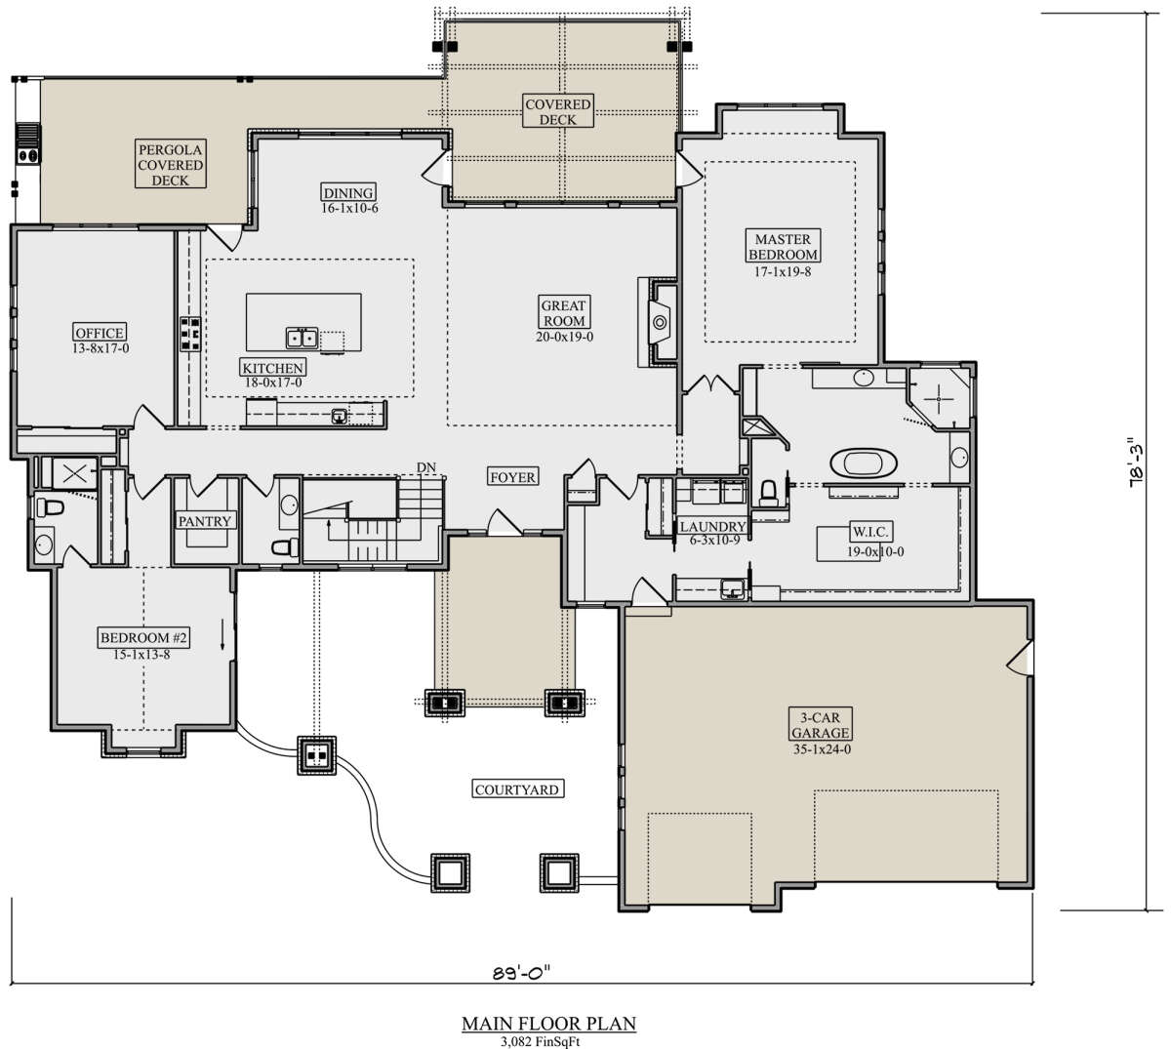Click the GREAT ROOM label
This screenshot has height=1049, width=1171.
pyautogui.click(x=564, y=312)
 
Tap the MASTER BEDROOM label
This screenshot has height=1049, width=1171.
pyautogui.click(x=784, y=246)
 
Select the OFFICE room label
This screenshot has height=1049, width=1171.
pyautogui.click(x=100, y=333)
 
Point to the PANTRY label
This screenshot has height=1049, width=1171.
pyautogui.click(x=205, y=521)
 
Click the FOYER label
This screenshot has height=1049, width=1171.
pyautogui.click(x=512, y=477)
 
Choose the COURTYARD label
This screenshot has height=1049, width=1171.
pyautogui.click(x=517, y=788)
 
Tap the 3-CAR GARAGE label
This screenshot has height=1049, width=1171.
pyautogui.click(x=820, y=725)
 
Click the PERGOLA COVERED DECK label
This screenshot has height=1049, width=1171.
pyautogui.click(x=171, y=165)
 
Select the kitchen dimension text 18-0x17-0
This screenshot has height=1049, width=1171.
pyautogui.click(x=273, y=383)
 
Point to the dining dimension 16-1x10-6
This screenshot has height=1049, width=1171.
pyautogui.click(x=349, y=208)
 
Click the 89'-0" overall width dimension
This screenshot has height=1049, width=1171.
pyautogui.click(x=522, y=973)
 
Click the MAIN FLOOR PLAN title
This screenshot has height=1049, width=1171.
pyautogui.click(x=549, y=1024)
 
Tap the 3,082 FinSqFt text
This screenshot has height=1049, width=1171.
pyautogui.click(x=541, y=1042)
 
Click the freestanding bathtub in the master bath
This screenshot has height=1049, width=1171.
pyautogui.click(x=864, y=463)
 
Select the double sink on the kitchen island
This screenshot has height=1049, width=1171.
pyautogui.click(x=303, y=338)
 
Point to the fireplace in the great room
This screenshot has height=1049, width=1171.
pyautogui.click(x=659, y=322)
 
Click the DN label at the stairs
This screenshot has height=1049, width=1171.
pyautogui.click(x=426, y=466)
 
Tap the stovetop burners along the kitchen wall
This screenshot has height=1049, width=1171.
pyautogui.click(x=190, y=334)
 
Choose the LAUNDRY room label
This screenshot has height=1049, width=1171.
pyautogui.click(x=713, y=527)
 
